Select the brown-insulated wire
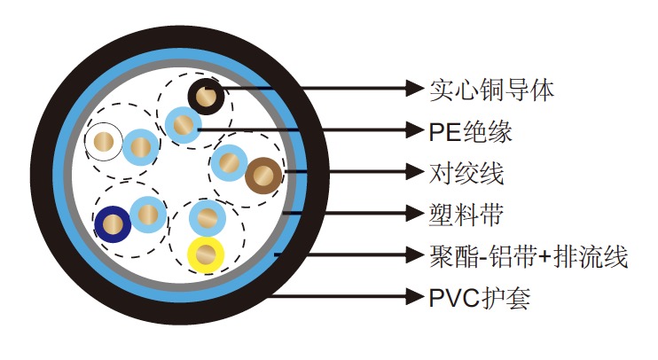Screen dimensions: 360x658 point(263,174)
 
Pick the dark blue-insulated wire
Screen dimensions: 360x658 point(113,223)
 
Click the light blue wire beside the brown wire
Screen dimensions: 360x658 point(229,161)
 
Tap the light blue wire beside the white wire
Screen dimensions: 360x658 point(139,145)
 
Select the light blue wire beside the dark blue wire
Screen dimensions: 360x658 point(146,214)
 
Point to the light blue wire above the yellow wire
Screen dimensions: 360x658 point(207,216)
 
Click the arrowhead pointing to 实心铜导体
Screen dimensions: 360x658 point(412,88)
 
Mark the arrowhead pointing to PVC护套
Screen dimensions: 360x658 point(412,296)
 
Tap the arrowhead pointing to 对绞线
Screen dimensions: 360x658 point(412,172)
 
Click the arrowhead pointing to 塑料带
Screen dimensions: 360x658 point(412,214)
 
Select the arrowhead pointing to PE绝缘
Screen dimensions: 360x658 point(412,130)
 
